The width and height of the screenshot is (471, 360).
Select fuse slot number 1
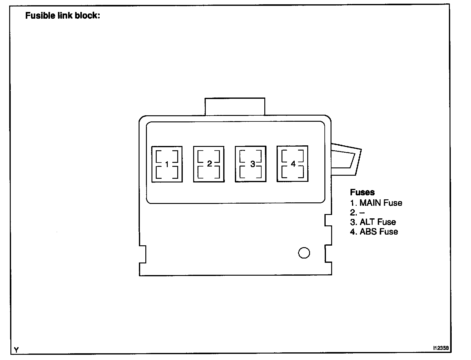pyautogui.click(x=167, y=164)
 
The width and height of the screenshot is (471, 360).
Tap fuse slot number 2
pyautogui.click(x=209, y=164)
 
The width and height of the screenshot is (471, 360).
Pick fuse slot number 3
pyautogui.click(x=251, y=164)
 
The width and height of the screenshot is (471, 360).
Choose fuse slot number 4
pyautogui.click(x=293, y=164)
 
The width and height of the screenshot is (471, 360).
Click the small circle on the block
pyautogui.click(x=304, y=253)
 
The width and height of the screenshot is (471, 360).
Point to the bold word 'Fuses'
pyautogui.click(x=362, y=192)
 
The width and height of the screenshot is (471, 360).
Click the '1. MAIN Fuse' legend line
pyautogui.click(x=376, y=203)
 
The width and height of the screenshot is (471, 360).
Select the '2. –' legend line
pyautogui.click(x=357, y=213)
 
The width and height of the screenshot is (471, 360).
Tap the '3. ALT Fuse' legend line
pyautogui.click(x=373, y=222)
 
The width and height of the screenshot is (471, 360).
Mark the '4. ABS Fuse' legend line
pyautogui.click(x=374, y=232)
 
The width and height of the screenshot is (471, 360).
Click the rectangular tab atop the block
pyautogui.click(x=235, y=107)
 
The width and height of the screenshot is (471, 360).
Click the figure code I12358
pyautogui.click(x=441, y=348)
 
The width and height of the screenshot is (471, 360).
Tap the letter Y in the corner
pyautogui.click(x=16, y=350)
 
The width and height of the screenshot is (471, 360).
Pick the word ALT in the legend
pyautogui.click(x=367, y=222)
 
